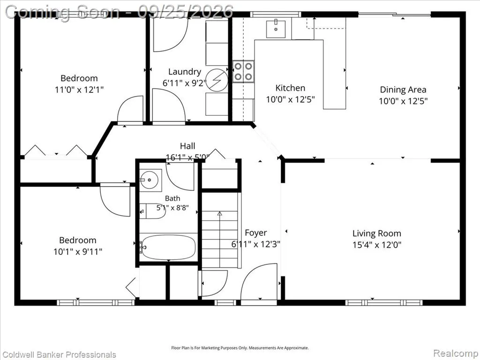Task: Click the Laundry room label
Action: (x=185, y=72)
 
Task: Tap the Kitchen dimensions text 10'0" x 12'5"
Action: (x=290, y=99)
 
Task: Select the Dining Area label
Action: (x=403, y=90)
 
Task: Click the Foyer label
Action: (x=255, y=233)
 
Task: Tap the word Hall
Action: (x=187, y=146)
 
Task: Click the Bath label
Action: (x=172, y=198)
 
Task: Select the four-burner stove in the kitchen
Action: (x=243, y=71)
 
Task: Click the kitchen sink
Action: (x=276, y=29)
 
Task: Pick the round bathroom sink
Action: (x=149, y=180)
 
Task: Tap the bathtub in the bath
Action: (x=168, y=247)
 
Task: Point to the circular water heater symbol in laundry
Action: (x=217, y=81)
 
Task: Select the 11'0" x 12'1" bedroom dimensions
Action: (x=79, y=90)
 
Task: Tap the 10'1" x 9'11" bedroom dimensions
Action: (x=78, y=252)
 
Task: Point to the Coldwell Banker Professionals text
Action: (x=59, y=354)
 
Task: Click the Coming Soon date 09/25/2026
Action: (x=185, y=12)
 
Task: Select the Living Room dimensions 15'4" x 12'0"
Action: (x=377, y=245)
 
